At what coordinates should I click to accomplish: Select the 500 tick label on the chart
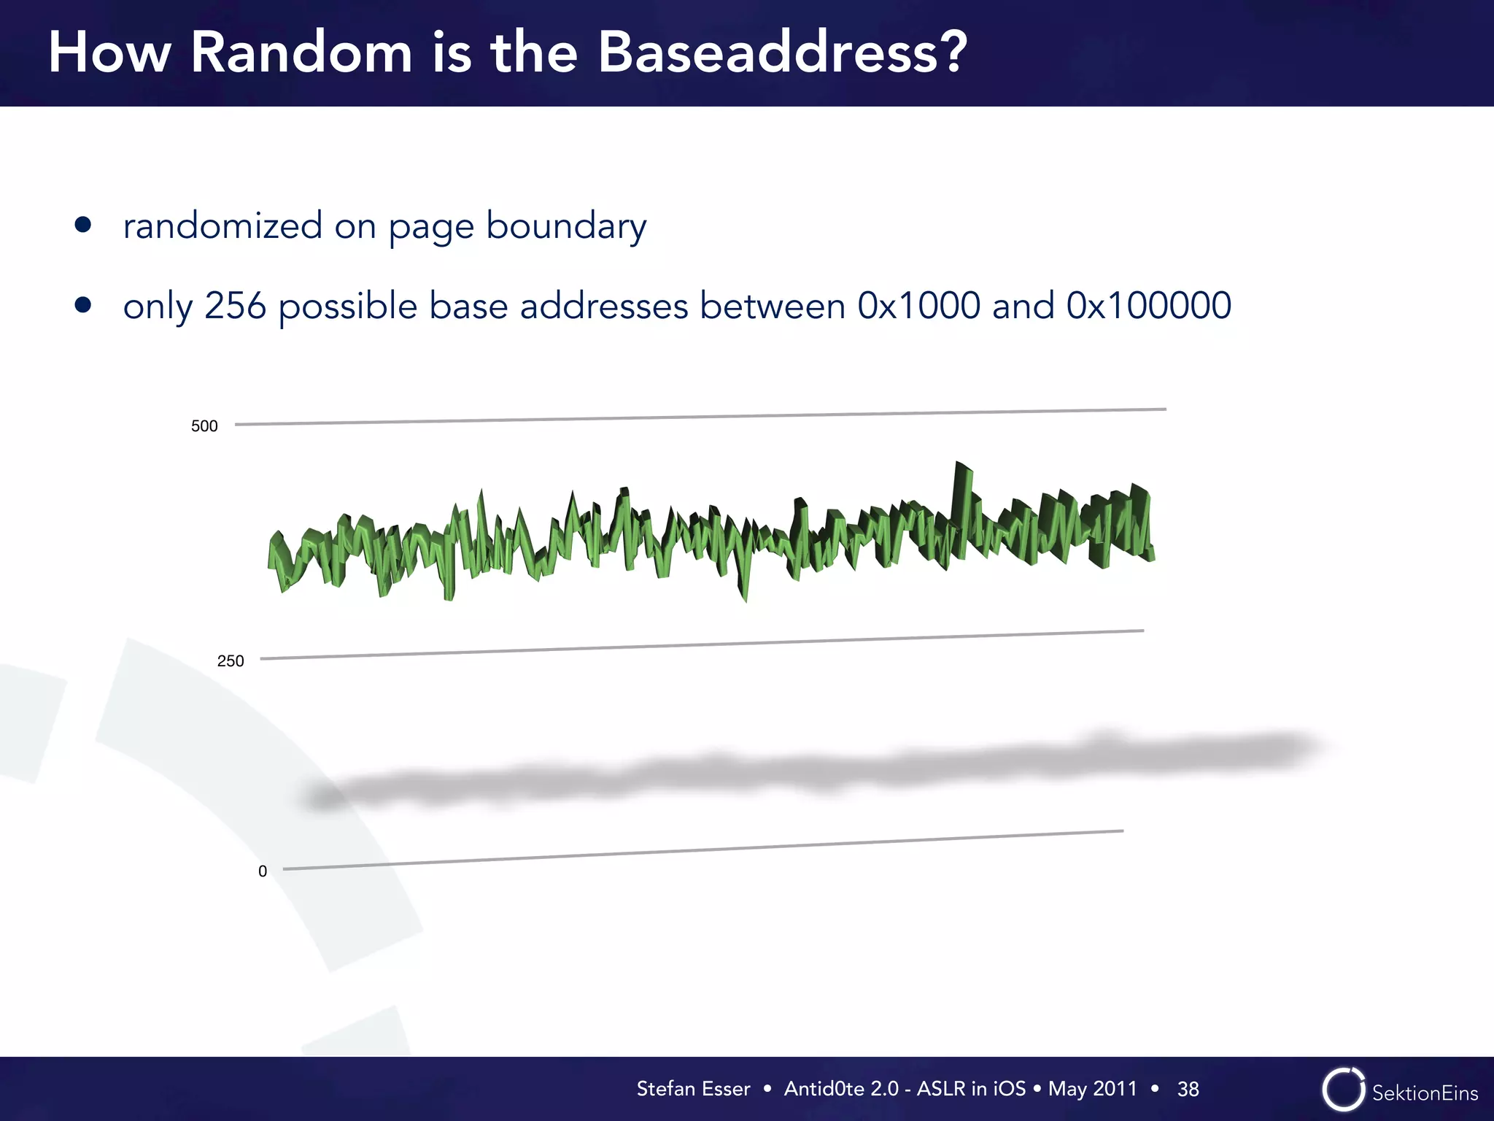pyautogui.click(x=204, y=426)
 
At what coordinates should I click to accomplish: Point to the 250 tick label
pyautogui.click(x=231, y=661)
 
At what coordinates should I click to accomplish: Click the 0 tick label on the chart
pyautogui.click(x=263, y=871)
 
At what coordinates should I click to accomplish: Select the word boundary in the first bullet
pyautogui.click(x=566, y=226)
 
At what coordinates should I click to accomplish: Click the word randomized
pyautogui.click(x=222, y=226)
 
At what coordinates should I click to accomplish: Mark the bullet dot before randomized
pyautogui.click(x=83, y=224)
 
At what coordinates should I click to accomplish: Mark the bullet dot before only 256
pyautogui.click(x=83, y=304)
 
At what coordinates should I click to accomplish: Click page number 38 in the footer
pyautogui.click(x=1188, y=1089)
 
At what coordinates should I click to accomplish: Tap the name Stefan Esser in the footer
pyautogui.click(x=693, y=1089)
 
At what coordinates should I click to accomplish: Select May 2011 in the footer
pyautogui.click(x=1092, y=1089)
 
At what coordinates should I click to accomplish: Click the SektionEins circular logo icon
pyautogui.click(x=1342, y=1090)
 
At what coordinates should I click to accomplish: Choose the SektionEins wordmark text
pyautogui.click(x=1425, y=1093)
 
